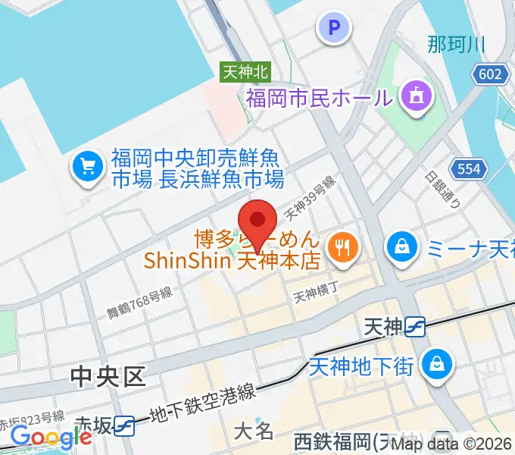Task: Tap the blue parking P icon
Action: tap(334, 28)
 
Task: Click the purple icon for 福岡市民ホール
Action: tap(416, 96)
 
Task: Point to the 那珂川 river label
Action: tap(455, 44)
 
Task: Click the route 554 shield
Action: tap(469, 168)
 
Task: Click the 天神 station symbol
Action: tap(414, 327)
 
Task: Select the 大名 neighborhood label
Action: tap(253, 432)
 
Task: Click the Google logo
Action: tap(51, 437)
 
